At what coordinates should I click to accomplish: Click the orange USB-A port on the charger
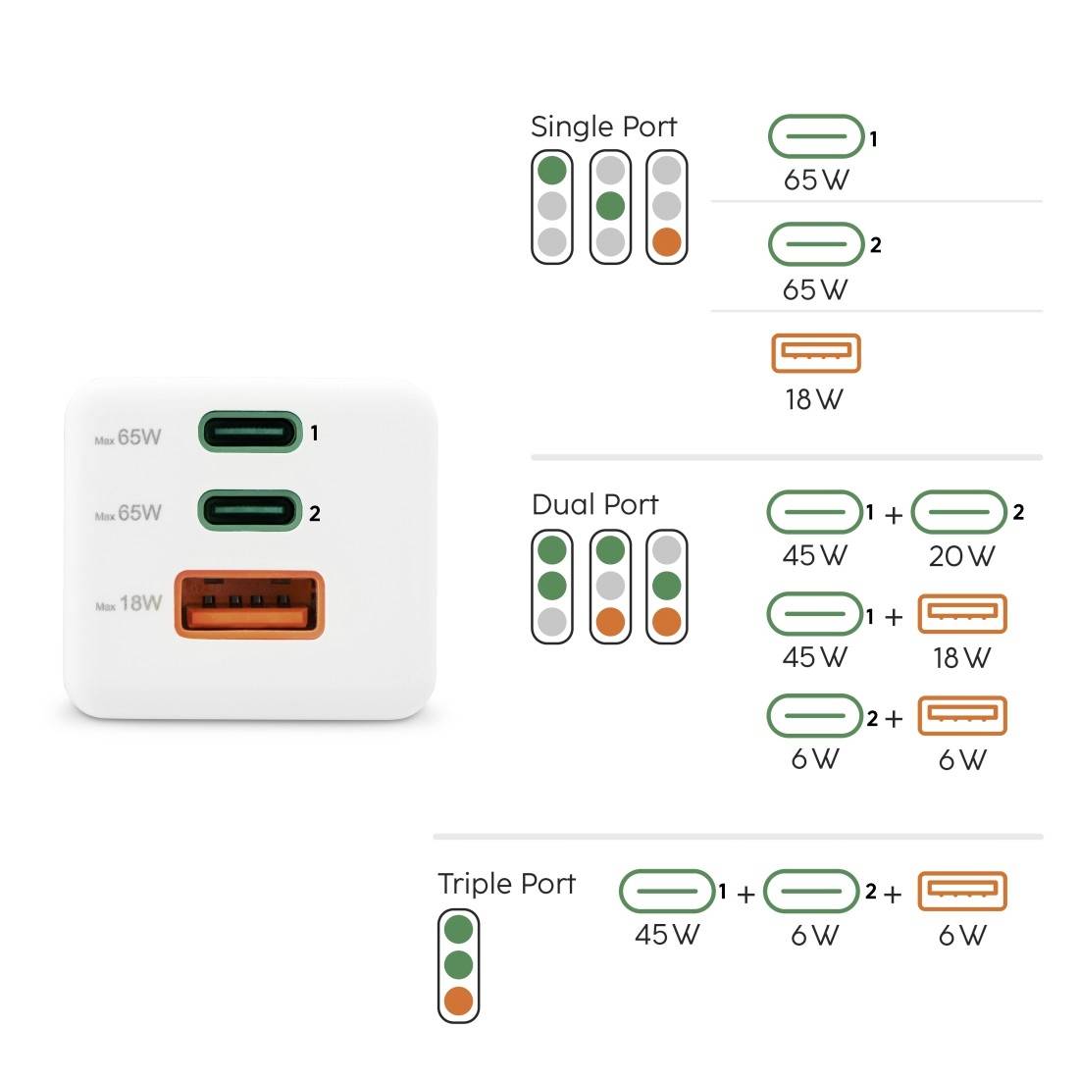[x=248, y=603]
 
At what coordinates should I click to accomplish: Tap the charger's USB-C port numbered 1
[x=248, y=432]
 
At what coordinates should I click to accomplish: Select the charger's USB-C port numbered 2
[x=248, y=511]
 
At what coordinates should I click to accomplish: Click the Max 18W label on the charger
[x=128, y=604]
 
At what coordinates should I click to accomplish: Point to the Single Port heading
[x=603, y=127]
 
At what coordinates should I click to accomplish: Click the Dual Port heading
[x=594, y=504]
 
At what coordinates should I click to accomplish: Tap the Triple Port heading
[x=506, y=883]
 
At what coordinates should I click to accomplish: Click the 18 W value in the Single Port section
[x=813, y=399]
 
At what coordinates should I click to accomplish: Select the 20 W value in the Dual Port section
[x=961, y=556]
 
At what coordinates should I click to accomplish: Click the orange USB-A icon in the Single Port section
[x=816, y=354]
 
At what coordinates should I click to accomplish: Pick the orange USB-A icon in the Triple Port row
[x=961, y=891]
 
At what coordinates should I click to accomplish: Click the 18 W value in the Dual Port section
[x=961, y=657]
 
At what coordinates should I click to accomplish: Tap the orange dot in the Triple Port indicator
[x=458, y=1002]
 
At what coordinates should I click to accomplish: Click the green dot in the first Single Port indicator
[x=552, y=170]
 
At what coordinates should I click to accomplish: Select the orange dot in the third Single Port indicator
[x=667, y=242]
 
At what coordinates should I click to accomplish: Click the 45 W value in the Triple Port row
[x=667, y=934]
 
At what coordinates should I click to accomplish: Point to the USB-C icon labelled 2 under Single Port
[x=815, y=244]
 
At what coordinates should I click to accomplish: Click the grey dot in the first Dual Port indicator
[x=552, y=621]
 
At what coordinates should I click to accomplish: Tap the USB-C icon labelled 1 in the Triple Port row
[x=667, y=892]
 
